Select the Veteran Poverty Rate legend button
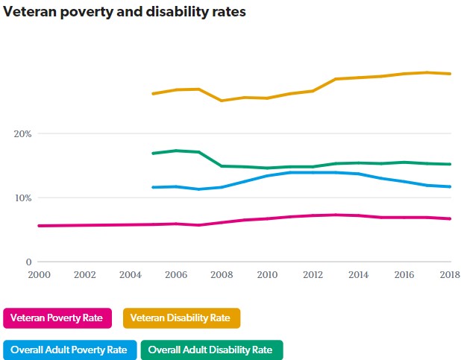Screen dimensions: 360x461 click(57, 318)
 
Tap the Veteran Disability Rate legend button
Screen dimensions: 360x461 click(181, 318)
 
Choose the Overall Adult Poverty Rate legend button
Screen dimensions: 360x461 click(70, 350)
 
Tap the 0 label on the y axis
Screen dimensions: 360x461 click(29, 262)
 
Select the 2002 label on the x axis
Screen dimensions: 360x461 click(84, 275)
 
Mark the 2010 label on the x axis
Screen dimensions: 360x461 click(267, 275)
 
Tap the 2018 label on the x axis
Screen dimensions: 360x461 click(450, 275)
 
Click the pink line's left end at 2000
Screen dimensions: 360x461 click(38, 226)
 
